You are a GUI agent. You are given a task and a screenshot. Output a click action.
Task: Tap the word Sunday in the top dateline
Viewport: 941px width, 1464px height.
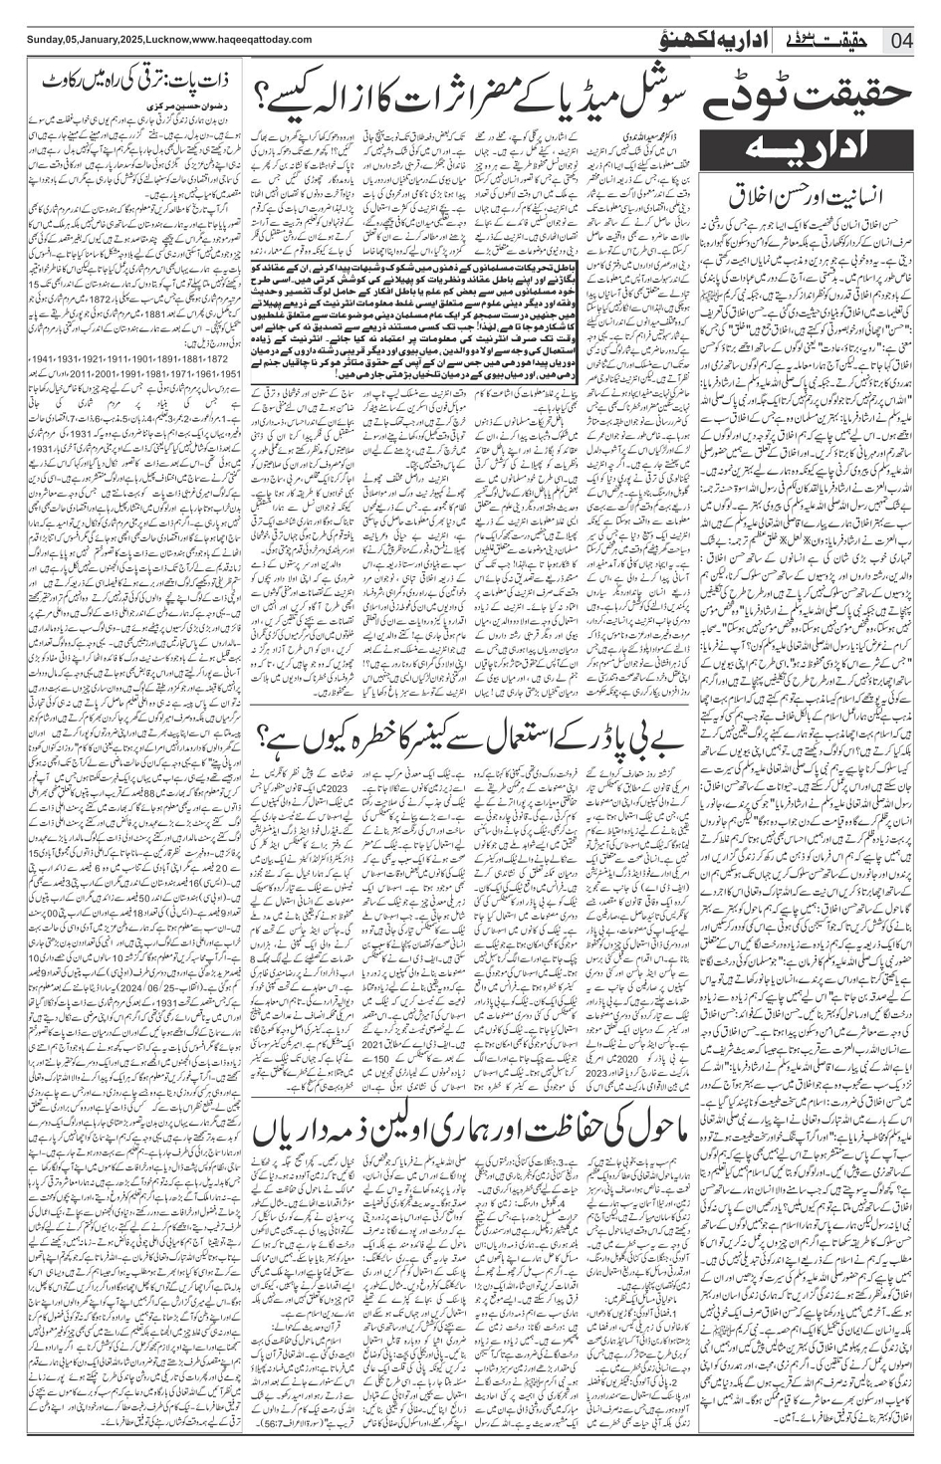[x=22, y=39]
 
